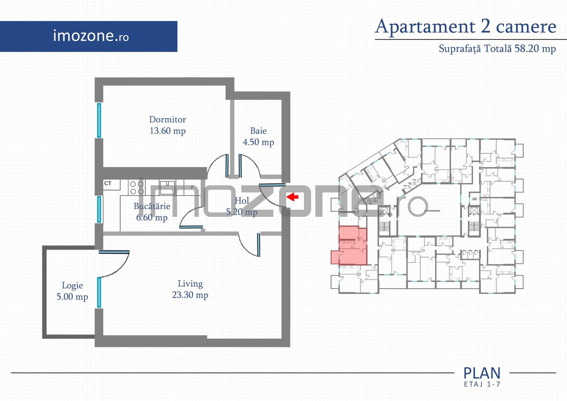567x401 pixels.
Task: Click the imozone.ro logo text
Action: (91, 36)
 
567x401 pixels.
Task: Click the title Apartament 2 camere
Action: (466, 26)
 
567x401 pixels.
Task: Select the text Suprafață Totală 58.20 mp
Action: (497, 49)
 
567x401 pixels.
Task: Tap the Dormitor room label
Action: (167, 119)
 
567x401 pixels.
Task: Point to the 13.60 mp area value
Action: (167, 131)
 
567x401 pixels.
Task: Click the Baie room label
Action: (258, 131)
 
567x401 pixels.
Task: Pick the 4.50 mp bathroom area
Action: (258, 142)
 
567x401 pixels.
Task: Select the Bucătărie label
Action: (152, 206)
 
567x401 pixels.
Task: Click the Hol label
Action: (242, 200)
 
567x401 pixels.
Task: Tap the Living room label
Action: (190, 284)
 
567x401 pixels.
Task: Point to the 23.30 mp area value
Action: (190, 295)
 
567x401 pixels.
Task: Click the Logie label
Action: (72, 286)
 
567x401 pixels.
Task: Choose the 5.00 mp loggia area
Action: (72, 297)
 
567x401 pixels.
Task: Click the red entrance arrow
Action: (293, 196)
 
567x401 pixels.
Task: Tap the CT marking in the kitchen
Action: (108, 183)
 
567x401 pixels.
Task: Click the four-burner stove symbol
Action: (137, 188)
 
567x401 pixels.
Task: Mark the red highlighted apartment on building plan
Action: (351, 247)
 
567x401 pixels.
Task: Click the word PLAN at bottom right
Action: (482, 373)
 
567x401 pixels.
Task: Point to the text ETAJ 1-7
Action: (482, 384)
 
